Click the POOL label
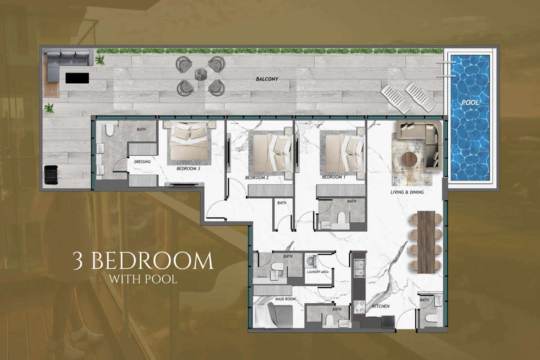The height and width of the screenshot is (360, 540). [470, 103]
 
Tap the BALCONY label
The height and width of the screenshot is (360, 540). [267, 79]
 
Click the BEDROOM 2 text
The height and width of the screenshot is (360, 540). [256, 178]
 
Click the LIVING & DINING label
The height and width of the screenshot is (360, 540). [407, 192]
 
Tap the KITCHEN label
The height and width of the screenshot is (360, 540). [380, 307]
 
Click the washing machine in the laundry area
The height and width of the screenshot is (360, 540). [310, 261]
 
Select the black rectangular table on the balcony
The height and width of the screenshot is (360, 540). [77, 78]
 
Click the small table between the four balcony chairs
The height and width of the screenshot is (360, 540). [200, 74]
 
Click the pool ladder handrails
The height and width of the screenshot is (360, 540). [443, 70]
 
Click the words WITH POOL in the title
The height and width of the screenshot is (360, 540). [143, 279]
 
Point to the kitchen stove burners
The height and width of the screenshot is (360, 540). [360, 307]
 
